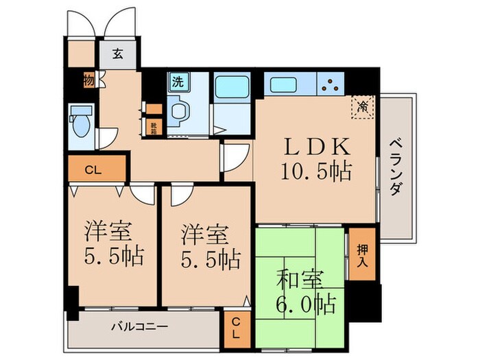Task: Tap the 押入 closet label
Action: tap(361, 254)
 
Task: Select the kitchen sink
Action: tap(283, 85)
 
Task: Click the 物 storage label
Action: tap(88, 80)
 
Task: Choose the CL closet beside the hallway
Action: tap(97, 169)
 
